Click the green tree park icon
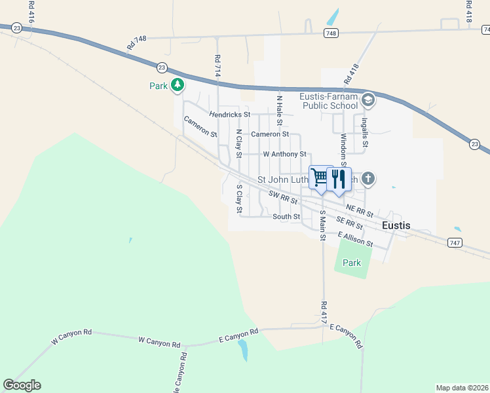[x=177, y=85]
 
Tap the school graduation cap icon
[x=368, y=100]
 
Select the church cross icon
[x=368, y=178]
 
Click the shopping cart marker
[x=320, y=177]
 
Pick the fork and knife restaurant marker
[x=339, y=178]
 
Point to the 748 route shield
[x=331, y=33]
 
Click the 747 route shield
[x=455, y=242]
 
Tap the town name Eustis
[x=396, y=225]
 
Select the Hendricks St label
[x=230, y=115]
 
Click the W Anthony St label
[x=284, y=155]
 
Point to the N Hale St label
[x=280, y=111]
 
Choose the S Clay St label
[x=239, y=199]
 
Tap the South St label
[x=286, y=217]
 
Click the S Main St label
[x=323, y=225]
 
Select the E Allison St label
[x=356, y=239]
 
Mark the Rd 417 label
[x=324, y=312]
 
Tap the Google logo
[x=22, y=385]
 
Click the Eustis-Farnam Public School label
[x=330, y=101]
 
